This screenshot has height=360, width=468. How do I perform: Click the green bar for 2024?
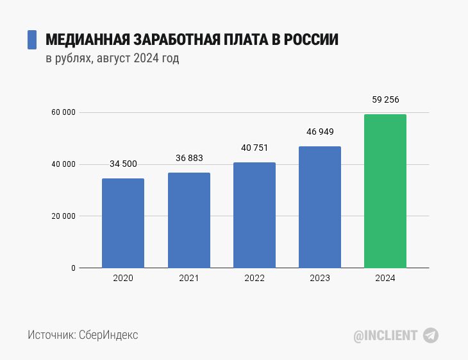(385, 191)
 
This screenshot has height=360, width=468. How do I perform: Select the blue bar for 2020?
(123, 223)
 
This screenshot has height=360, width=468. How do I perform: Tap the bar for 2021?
(189, 220)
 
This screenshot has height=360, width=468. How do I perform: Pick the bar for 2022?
(255, 215)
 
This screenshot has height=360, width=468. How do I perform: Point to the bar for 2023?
(320, 207)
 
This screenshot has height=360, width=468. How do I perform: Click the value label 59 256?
(385, 99)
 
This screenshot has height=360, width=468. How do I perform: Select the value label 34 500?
(123, 164)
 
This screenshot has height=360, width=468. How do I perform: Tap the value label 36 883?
(189, 158)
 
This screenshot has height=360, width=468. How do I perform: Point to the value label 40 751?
(255, 148)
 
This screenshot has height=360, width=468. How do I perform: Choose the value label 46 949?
(320, 132)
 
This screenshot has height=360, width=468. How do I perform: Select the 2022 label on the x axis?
(255, 279)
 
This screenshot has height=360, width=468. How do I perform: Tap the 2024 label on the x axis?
(385, 279)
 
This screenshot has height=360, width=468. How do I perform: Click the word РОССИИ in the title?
(310, 40)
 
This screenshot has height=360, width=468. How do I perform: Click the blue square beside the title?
(31, 40)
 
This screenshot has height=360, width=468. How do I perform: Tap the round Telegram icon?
(431, 335)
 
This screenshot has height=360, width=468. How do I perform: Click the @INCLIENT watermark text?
(386, 335)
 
